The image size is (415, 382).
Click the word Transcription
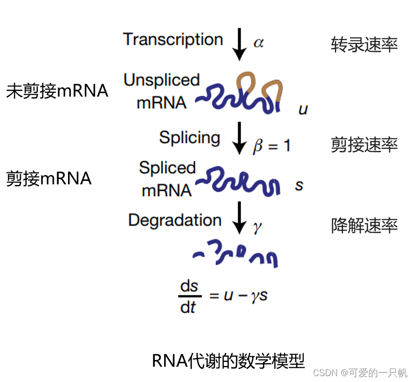click(x=173, y=39)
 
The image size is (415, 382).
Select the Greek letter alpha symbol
click(x=258, y=43)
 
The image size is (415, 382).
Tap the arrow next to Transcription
click(x=240, y=44)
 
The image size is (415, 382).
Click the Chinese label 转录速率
click(x=364, y=45)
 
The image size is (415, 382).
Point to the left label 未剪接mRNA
click(x=57, y=91)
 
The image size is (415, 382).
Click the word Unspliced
click(x=162, y=80)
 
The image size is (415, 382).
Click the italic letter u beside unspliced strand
click(x=303, y=109)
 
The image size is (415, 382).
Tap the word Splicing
click(x=189, y=138)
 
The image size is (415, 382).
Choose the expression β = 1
click(x=272, y=146)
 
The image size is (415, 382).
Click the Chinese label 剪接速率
click(x=364, y=145)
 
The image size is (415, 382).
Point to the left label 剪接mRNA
click(x=49, y=178)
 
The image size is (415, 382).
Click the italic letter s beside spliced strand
click(x=299, y=186)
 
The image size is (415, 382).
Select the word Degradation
click(x=174, y=220)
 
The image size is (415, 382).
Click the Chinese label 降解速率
click(x=364, y=226)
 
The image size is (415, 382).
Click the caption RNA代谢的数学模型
click(x=228, y=361)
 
